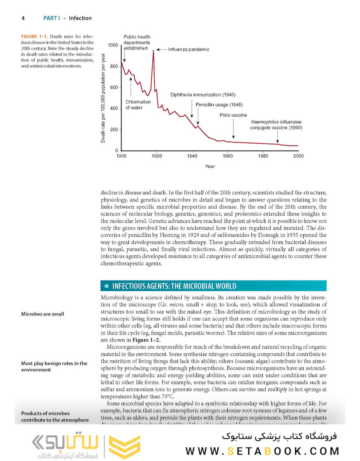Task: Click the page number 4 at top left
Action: (x=23, y=18)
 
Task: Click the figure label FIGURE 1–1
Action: (x=36, y=37)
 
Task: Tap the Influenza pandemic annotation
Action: (x=189, y=50)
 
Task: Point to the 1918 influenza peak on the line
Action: (x=153, y=51)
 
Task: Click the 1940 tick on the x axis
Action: (x=192, y=157)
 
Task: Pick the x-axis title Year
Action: (x=209, y=166)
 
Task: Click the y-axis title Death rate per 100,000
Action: (x=103, y=98)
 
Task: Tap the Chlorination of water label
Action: (x=138, y=105)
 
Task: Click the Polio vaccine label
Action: (x=233, y=115)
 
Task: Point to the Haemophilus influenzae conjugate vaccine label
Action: (x=276, y=125)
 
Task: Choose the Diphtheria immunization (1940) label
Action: (x=203, y=95)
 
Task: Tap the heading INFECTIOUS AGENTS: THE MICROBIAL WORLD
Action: (x=173, y=286)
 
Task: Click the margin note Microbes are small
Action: (x=43, y=314)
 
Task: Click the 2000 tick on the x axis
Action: (x=298, y=157)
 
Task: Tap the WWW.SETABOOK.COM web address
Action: (x=262, y=451)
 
